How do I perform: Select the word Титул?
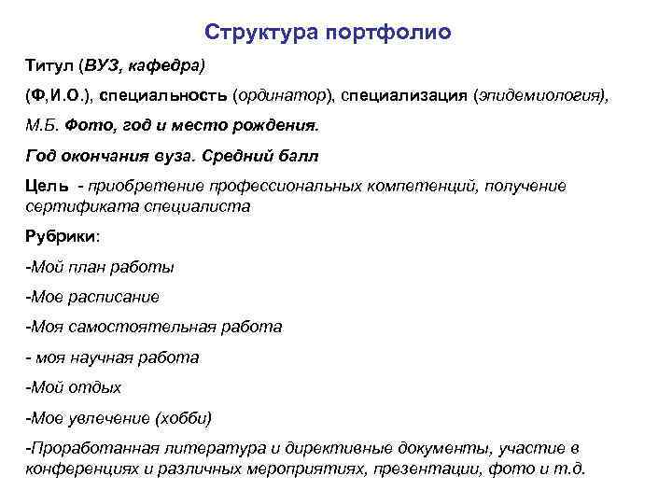(49, 65)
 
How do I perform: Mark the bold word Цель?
(44, 186)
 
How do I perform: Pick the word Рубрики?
(59, 237)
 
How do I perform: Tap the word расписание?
(114, 297)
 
